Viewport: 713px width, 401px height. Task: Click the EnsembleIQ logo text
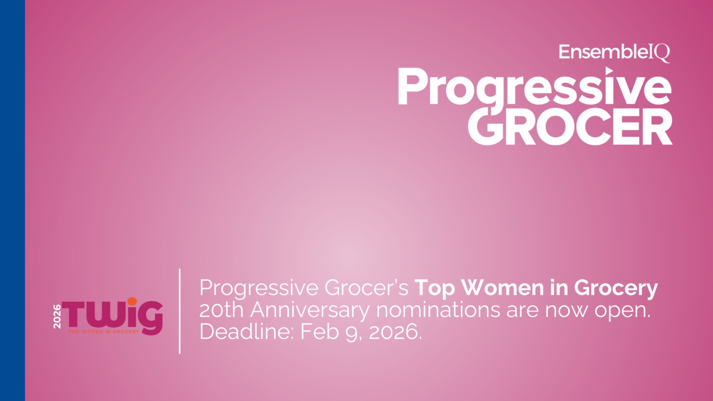(x=614, y=52)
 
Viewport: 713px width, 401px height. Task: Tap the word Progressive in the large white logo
(x=534, y=88)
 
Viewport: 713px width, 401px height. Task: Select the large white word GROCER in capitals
(x=570, y=127)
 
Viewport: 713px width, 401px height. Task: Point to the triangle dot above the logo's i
(x=609, y=71)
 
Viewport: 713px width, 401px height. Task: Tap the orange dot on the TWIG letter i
(x=132, y=302)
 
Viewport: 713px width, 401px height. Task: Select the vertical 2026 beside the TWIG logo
(x=57, y=317)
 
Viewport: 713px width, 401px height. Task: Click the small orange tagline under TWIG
(x=104, y=331)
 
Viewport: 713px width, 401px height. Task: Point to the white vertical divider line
(x=180, y=311)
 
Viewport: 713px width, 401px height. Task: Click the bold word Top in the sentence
(x=434, y=288)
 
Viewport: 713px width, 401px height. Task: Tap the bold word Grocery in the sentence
(x=616, y=289)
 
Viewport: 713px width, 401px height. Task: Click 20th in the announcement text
(x=221, y=310)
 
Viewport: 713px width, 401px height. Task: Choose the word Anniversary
(x=310, y=310)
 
